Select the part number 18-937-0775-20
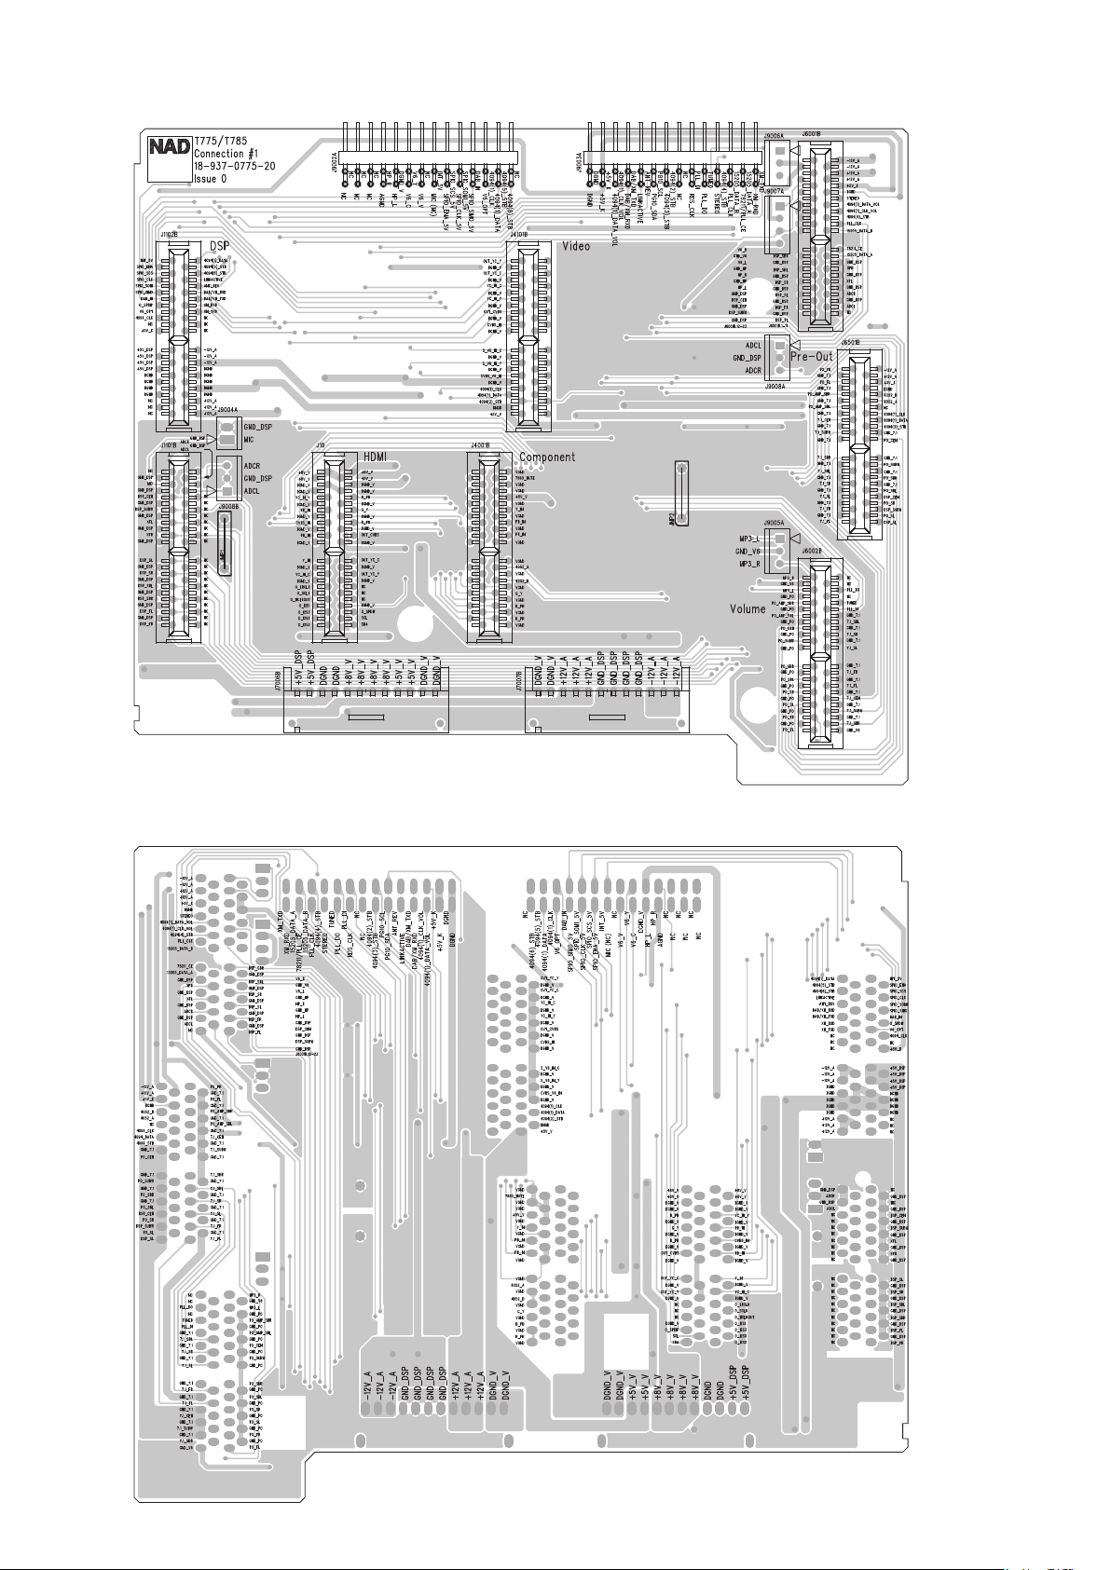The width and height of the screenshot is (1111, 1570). pyautogui.click(x=234, y=166)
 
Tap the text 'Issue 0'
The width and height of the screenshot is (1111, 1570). pyautogui.click(x=211, y=179)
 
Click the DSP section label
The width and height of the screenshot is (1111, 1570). pyautogui.click(x=220, y=246)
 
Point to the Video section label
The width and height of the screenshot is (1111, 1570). pyautogui.click(x=575, y=246)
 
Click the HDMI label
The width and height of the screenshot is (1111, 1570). pyautogui.click(x=375, y=456)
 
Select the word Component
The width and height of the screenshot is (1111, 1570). pyautogui.click(x=547, y=457)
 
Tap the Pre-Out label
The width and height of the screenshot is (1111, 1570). pyautogui.click(x=812, y=356)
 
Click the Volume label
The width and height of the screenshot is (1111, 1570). pyautogui.click(x=748, y=609)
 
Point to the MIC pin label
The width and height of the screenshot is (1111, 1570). pyautogui.click(x=249, y=439)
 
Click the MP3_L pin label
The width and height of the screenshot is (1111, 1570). pyautogui.click(x=749, y=539)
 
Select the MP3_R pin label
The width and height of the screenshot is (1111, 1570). pyautogui.click(x=749, y=565)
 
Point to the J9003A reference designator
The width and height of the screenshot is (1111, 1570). pyautogui.click(x=579, y=165)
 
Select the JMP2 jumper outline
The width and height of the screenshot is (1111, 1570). pyautogui.click(x=682, y=493)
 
